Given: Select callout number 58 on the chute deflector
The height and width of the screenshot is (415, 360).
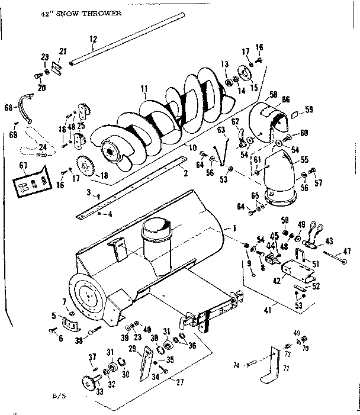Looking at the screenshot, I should (274, 94).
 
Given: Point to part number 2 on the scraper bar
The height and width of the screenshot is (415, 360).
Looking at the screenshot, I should (185, 173).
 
